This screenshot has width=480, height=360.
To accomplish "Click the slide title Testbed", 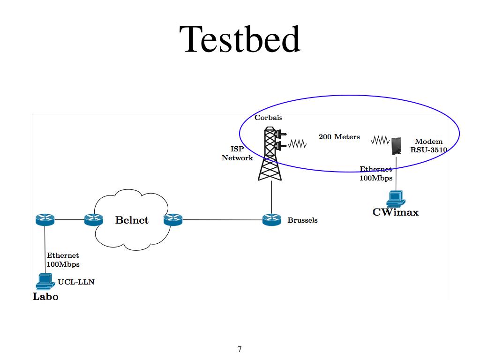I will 240,39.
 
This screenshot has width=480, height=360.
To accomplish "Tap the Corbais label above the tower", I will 268,118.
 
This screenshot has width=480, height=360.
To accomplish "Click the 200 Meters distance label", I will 339,137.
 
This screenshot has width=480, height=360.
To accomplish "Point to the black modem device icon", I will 396,145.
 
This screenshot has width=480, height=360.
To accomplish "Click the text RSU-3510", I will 428,150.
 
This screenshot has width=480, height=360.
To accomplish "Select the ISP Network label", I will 237,153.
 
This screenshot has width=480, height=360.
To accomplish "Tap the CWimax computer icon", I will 396,199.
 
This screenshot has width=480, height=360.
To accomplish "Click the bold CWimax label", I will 395,212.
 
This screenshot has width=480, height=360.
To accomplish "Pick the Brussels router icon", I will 271,219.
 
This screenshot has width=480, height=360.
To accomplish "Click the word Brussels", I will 302,220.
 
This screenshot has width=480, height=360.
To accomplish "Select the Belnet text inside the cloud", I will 132,220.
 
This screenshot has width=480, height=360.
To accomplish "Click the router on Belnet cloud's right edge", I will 172,219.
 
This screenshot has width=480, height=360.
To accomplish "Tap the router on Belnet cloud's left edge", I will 93,219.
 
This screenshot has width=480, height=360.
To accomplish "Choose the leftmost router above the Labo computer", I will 45,219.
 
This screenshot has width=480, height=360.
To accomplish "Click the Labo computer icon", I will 45,282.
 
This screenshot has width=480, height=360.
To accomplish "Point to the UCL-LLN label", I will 76,282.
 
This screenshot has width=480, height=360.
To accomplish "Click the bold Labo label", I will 45,297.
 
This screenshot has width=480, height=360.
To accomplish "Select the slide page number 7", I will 240,349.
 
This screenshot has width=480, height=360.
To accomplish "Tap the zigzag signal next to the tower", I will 297,143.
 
